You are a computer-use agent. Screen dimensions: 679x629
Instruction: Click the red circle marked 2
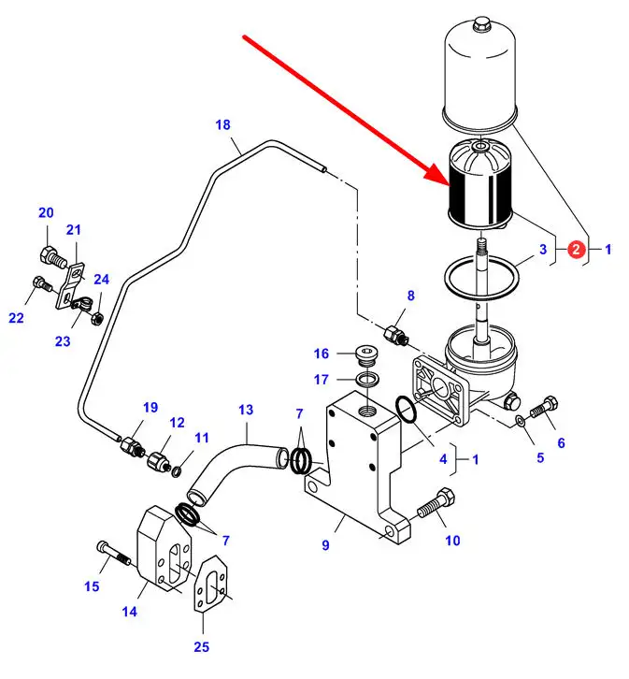[x=577, y=249]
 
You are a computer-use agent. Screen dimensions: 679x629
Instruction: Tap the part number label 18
[x=222, y=124]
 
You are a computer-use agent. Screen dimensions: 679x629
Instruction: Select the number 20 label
[x=46, y=213]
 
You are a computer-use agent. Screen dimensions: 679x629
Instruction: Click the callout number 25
[x=202, y=646]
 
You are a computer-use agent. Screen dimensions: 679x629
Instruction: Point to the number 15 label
[x=92, y=586]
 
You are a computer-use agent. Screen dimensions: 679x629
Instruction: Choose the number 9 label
[x=325, y=544]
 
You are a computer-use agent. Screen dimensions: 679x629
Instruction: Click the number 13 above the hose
[x=246, y=410]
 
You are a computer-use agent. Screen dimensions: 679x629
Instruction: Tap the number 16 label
[x=321, y=354]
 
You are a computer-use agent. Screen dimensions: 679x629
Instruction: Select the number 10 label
[x=452, y=540]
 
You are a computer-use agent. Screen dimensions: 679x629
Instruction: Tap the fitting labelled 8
[x=394, y=333]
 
